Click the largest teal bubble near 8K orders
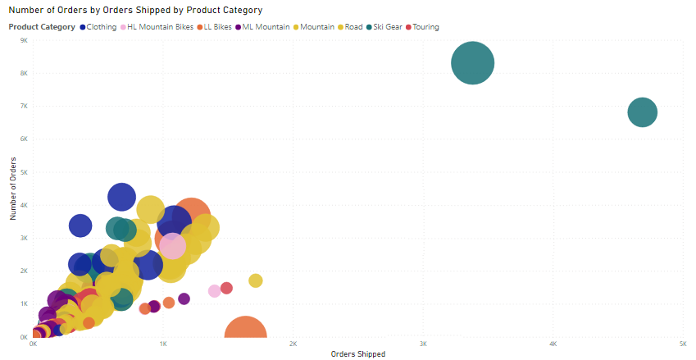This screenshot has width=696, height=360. click(x=473, y=63)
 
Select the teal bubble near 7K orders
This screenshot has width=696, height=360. click(x=642, y=112)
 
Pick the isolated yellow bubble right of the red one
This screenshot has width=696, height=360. click(x=255, y=281)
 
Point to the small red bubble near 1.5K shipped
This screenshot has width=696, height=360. click(x=226, y=288)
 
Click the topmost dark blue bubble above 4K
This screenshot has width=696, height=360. click(x=121, y=197)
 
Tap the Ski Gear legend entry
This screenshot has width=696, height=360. click(x=387, y=27)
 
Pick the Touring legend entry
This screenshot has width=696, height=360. click(x=425, y=27)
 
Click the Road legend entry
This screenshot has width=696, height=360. click(x=353, y=27)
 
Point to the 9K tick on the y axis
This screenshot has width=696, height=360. click(x=24, y=39)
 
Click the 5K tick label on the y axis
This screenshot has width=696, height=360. click(x=24, y=172)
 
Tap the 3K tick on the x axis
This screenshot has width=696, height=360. click(x=423, y=344)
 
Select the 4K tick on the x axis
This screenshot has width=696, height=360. click(x=553, y=344)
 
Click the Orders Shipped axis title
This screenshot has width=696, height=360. click(x=357, y=354)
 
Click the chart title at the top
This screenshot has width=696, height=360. click(x=135, y=11)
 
